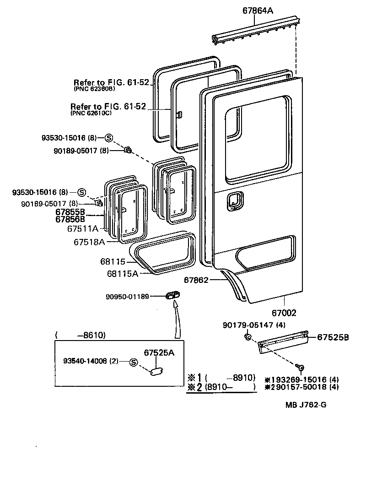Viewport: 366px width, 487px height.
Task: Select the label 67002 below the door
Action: pyautogui.click(x=284, y=314)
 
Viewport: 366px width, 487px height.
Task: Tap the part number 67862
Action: pyautogui.click(x=196, y=280)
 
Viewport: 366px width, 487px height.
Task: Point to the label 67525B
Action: pyautogui.click(x=334, y=338)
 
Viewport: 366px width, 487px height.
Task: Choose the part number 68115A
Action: pyautogui.click(x=122, y=274)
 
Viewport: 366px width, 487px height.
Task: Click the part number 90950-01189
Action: pyautogui.click(x=127, y=297)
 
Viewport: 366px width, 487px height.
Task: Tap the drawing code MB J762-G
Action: pyautogui.click(x=307, y=405)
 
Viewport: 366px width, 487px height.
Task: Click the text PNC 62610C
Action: pyautogui.click(x=91, y=114)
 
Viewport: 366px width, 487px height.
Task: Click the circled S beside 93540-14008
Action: pyautogui.click(x=134, y=362)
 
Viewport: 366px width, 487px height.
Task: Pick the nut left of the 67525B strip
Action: pyautogui.click(x=248, y=337)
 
